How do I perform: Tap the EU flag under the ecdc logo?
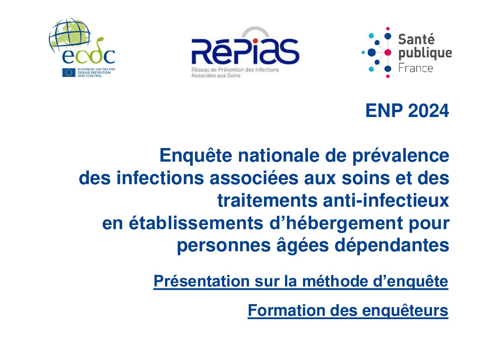(x=69, y=72)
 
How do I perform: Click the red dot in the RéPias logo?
(x=255, y=41)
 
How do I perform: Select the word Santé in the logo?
(x=416, y=39)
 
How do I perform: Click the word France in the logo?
(x=415, y=68)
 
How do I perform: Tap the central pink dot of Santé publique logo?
(x=387, y=52)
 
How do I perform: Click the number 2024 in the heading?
(x=428, y=111)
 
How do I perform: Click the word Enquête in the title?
(x=196, y=156)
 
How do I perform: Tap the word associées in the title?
(x=254, y=178)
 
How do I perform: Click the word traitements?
(x=267, y=201)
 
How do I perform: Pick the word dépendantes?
(x=392, y=246)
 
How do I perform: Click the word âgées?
(x=303, y=246)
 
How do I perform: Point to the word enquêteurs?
(x=405, y=311)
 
